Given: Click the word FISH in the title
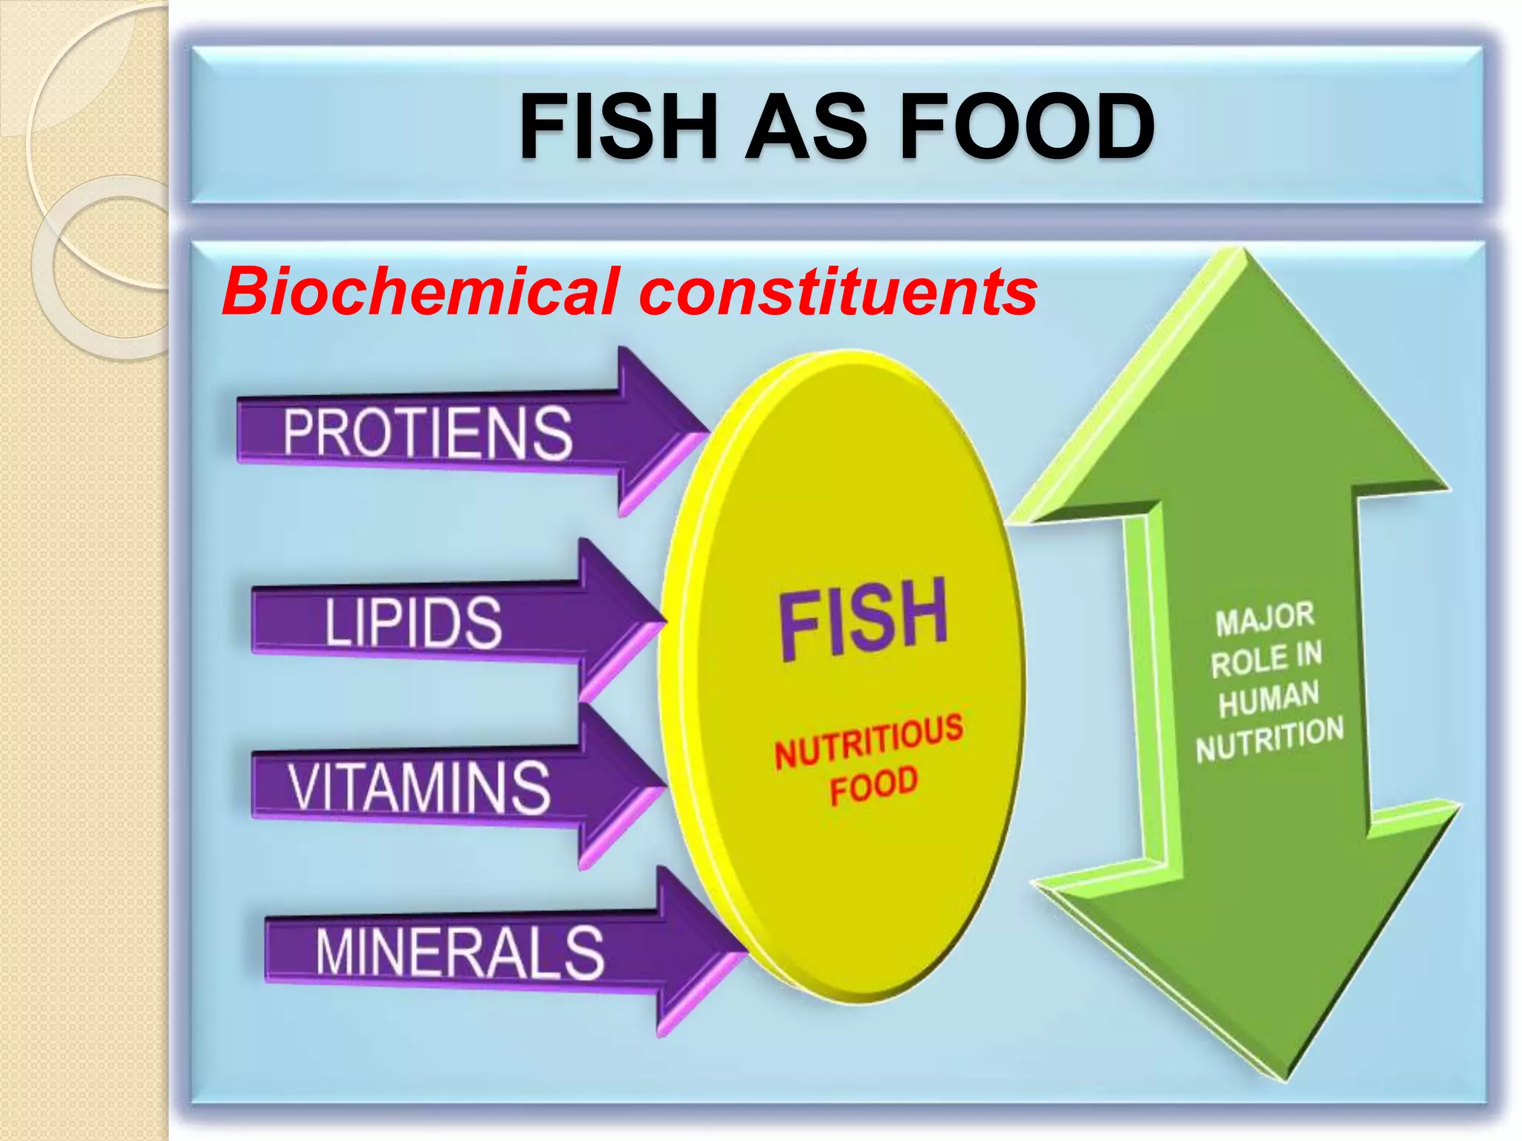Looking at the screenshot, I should (x=618, y=126).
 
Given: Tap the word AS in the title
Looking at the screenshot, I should (x=806, y=126).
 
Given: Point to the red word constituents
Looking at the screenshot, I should (x=838, y=293).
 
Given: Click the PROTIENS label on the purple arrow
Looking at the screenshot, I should (x=427, y=432).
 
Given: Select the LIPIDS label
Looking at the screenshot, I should (x=413, y=622).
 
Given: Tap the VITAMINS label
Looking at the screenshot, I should (x=419, y=787).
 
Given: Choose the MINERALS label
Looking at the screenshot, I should (x=459, y=953).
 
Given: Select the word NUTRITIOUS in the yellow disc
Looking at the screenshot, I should (x=868, y=741).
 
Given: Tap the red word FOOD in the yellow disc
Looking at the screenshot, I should (x=874, y=784).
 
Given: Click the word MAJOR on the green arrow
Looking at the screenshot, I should (x=1265, y=619).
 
